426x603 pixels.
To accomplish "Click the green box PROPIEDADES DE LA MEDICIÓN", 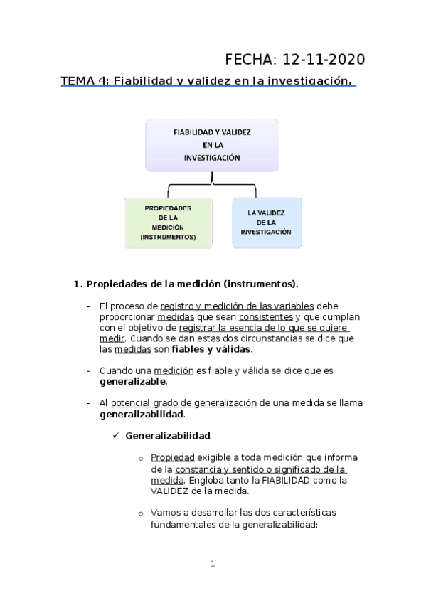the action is [x=168, y=222].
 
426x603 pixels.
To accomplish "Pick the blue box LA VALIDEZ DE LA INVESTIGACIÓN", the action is [x=267, y=222].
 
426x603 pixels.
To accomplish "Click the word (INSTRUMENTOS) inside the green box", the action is [x=168, y=236].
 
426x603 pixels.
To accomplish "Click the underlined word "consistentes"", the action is [x=265, y=316].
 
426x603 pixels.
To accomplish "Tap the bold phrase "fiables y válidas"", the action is [x=211, y=349].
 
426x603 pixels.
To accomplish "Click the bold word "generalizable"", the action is [x=133, y=381].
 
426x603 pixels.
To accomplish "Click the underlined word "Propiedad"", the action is [x=172, y=458].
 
